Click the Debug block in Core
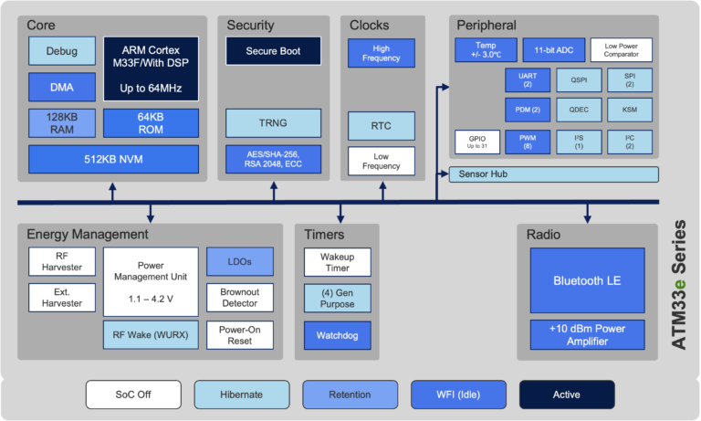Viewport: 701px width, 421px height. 62,51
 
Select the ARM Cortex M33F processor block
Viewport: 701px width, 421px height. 152,68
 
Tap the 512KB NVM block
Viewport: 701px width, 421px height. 113,159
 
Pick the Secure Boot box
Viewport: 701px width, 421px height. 273,51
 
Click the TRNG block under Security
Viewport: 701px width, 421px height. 273,123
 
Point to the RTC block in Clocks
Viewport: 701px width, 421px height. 382,126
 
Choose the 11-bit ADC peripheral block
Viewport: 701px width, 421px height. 554,50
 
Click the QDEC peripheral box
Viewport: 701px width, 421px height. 579,110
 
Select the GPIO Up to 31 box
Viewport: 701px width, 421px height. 477,142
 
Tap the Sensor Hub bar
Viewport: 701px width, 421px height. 553,174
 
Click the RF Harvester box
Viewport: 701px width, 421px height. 62,262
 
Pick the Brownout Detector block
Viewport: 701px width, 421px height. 240,298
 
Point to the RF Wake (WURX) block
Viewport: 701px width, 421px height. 151,334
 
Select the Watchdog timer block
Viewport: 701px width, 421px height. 338,335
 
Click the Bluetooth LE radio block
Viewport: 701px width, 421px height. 588,280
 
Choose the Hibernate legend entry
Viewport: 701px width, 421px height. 242,395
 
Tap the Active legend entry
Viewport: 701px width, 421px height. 567,395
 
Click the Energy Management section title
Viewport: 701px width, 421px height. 88,235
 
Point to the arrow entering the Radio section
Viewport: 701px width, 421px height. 588,213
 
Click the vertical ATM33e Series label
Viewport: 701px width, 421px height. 679,285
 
